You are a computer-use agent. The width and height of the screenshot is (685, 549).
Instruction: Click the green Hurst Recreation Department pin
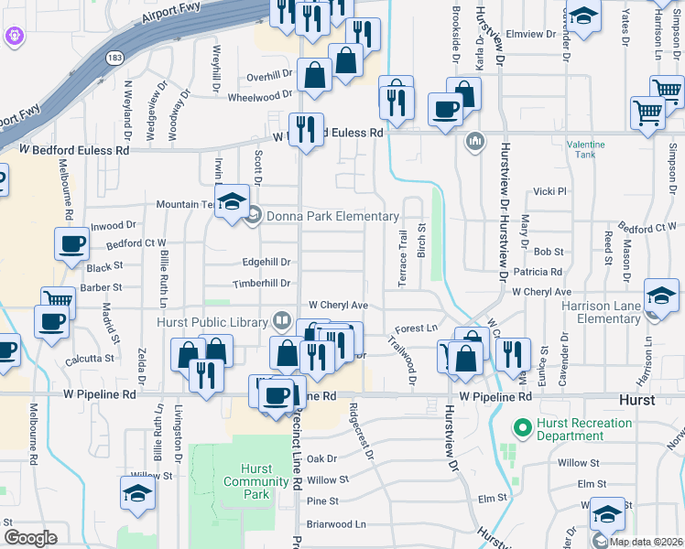pos(523,427)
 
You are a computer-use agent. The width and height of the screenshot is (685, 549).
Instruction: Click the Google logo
pos(30,538)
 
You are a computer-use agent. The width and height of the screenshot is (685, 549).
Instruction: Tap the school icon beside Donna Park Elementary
pos(232,201)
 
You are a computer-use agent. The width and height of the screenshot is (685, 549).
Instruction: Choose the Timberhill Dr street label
pos(265,284)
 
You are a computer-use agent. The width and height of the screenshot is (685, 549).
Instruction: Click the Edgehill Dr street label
pos(266,262)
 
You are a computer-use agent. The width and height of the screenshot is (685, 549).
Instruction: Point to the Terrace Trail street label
pos(402,258)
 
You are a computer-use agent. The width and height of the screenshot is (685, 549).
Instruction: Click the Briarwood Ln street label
pos(335,524)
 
